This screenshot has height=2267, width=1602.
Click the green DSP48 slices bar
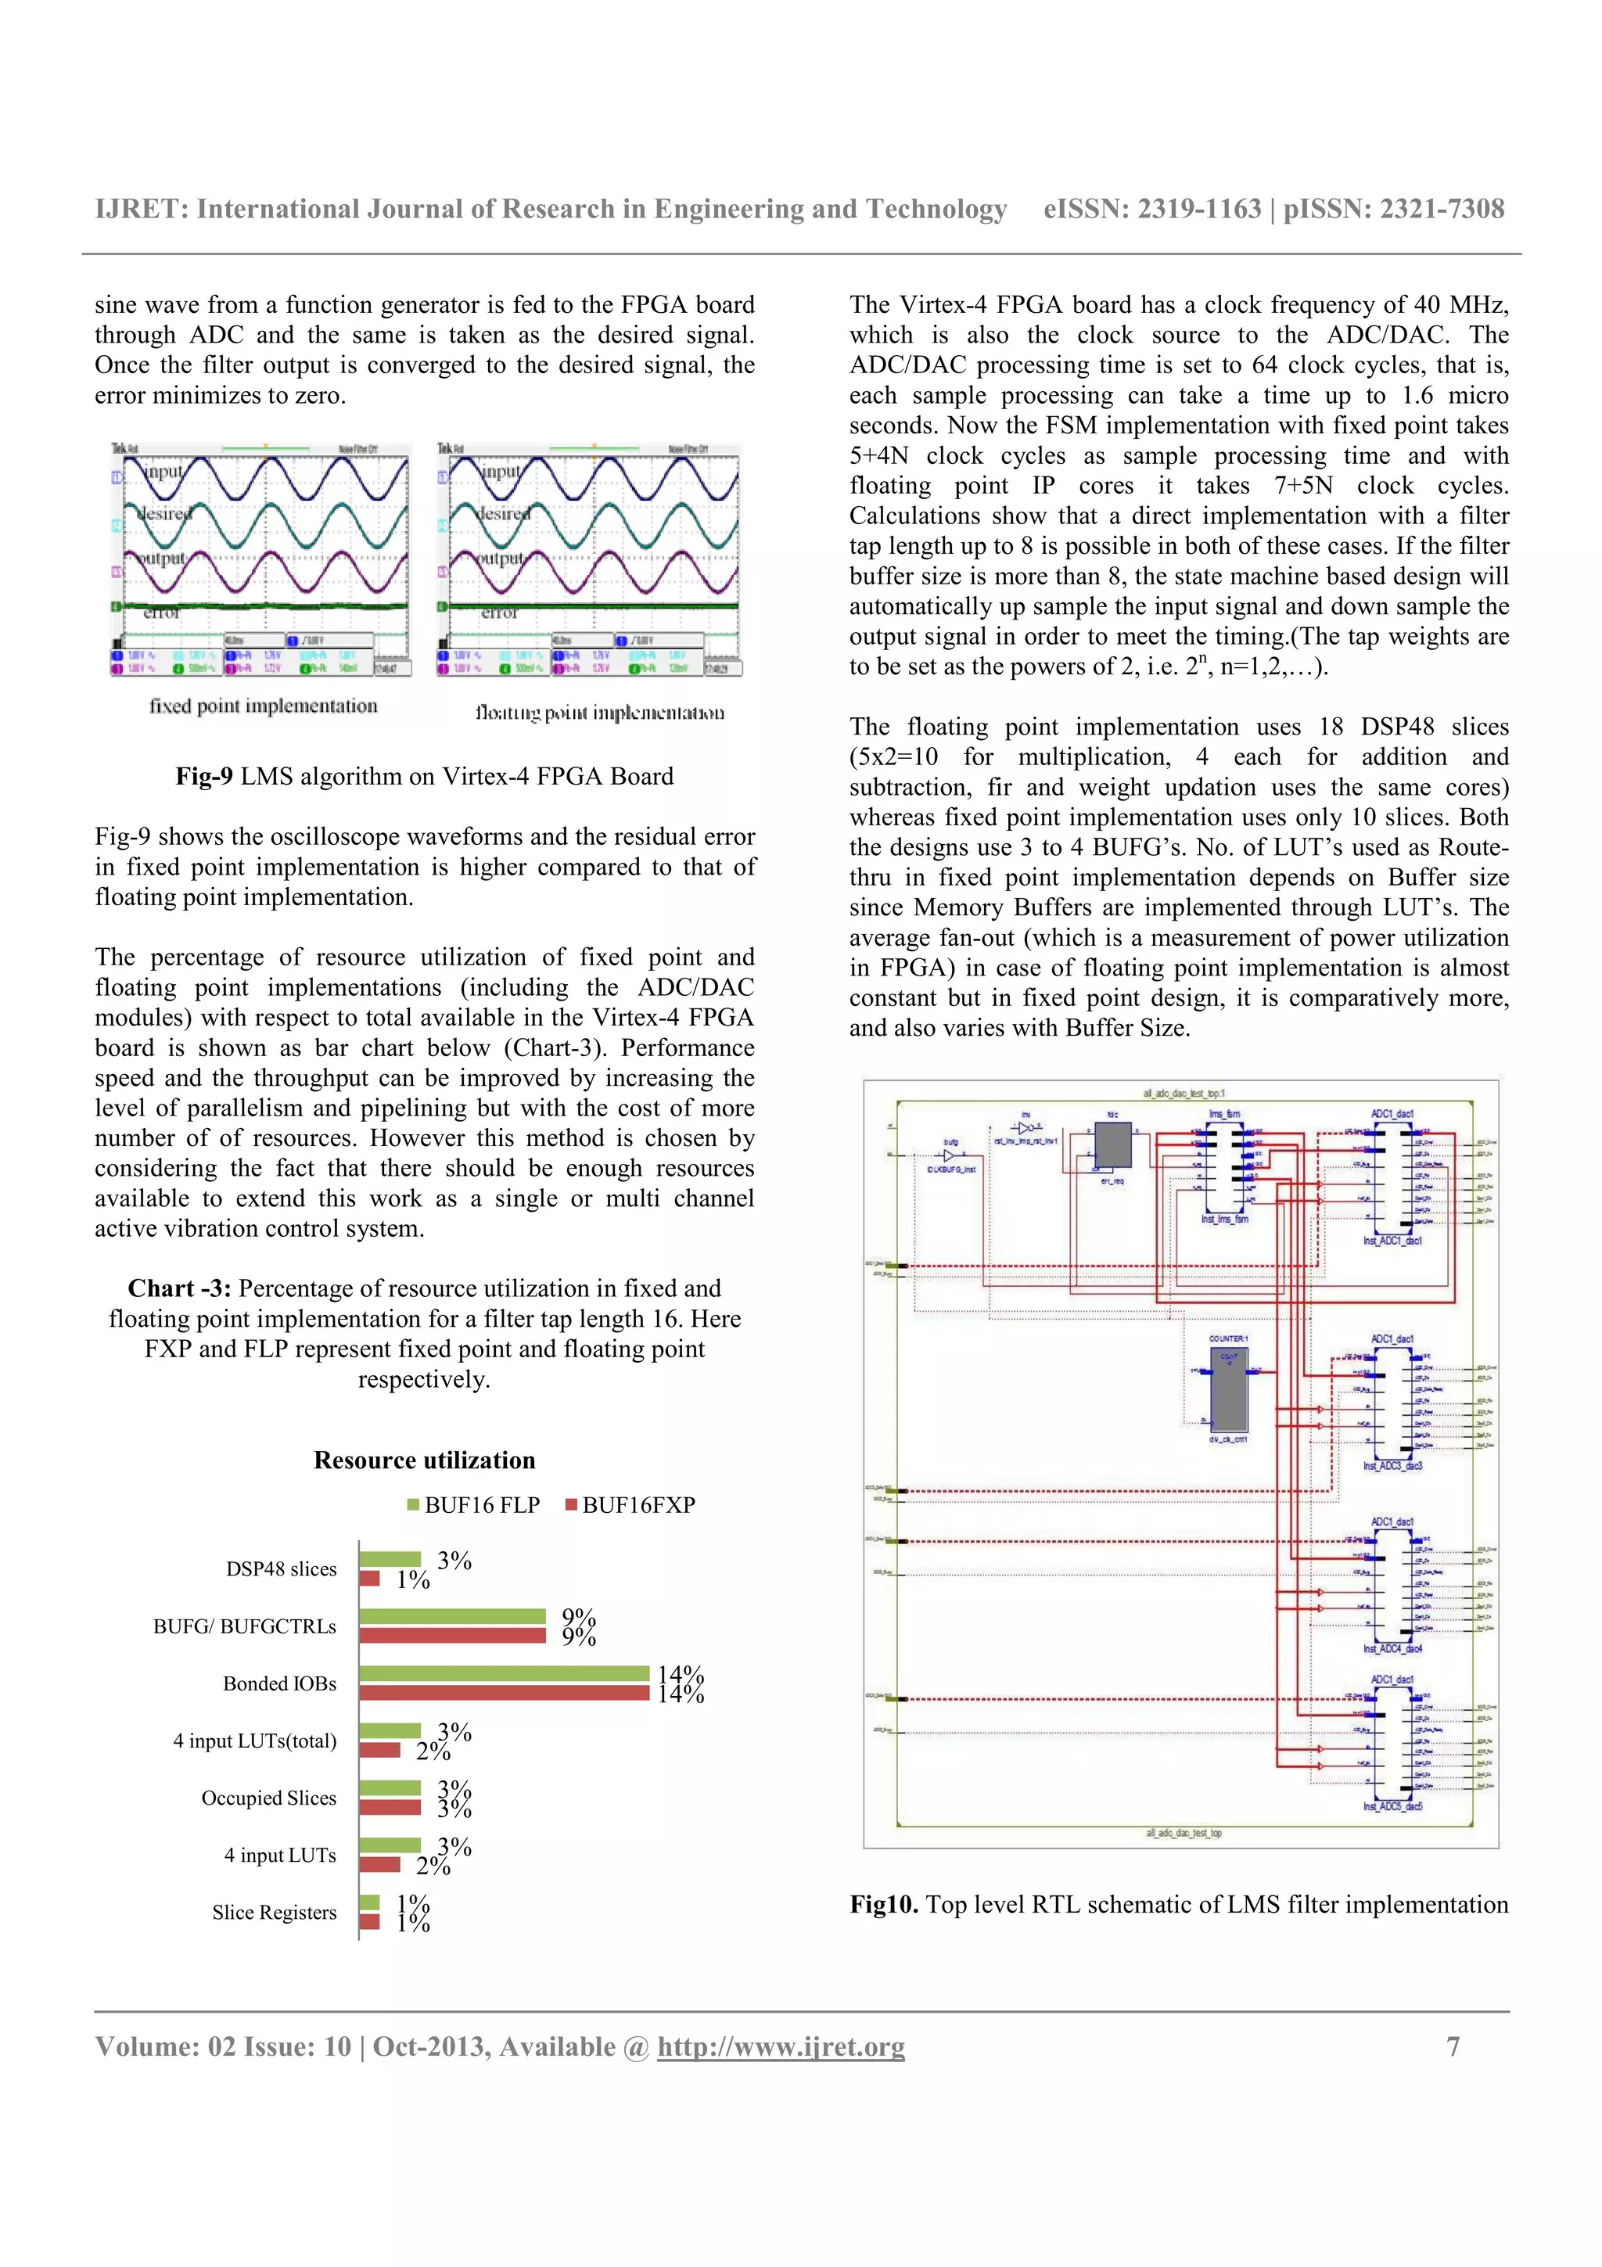point(390,1559)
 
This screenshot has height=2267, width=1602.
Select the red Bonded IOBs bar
point(505,1692)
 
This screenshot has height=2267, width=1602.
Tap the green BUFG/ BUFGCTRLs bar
point(452,1616)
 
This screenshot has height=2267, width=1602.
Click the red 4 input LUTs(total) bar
point(380,1750)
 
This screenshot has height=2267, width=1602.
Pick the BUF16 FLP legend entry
point(474,1505)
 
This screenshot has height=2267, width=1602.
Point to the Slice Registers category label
point(274,1913)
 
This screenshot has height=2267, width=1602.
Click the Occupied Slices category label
point(268,1798)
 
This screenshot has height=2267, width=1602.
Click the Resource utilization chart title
point(425,1460)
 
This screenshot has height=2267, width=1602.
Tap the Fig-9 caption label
point(204,776)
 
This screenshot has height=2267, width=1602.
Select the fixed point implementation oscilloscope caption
point(263,706)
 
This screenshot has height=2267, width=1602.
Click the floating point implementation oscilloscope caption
point(599,712)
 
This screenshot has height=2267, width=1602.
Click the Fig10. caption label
point(883,1904)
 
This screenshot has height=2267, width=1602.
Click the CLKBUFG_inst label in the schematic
point(950,1169)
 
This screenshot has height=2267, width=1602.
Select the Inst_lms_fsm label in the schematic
point(1224,1219)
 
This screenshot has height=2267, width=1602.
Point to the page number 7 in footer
point(1452,2046)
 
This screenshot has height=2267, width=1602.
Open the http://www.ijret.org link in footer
point(781,2046)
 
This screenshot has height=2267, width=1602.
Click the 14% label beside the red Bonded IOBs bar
point(681,1694)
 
